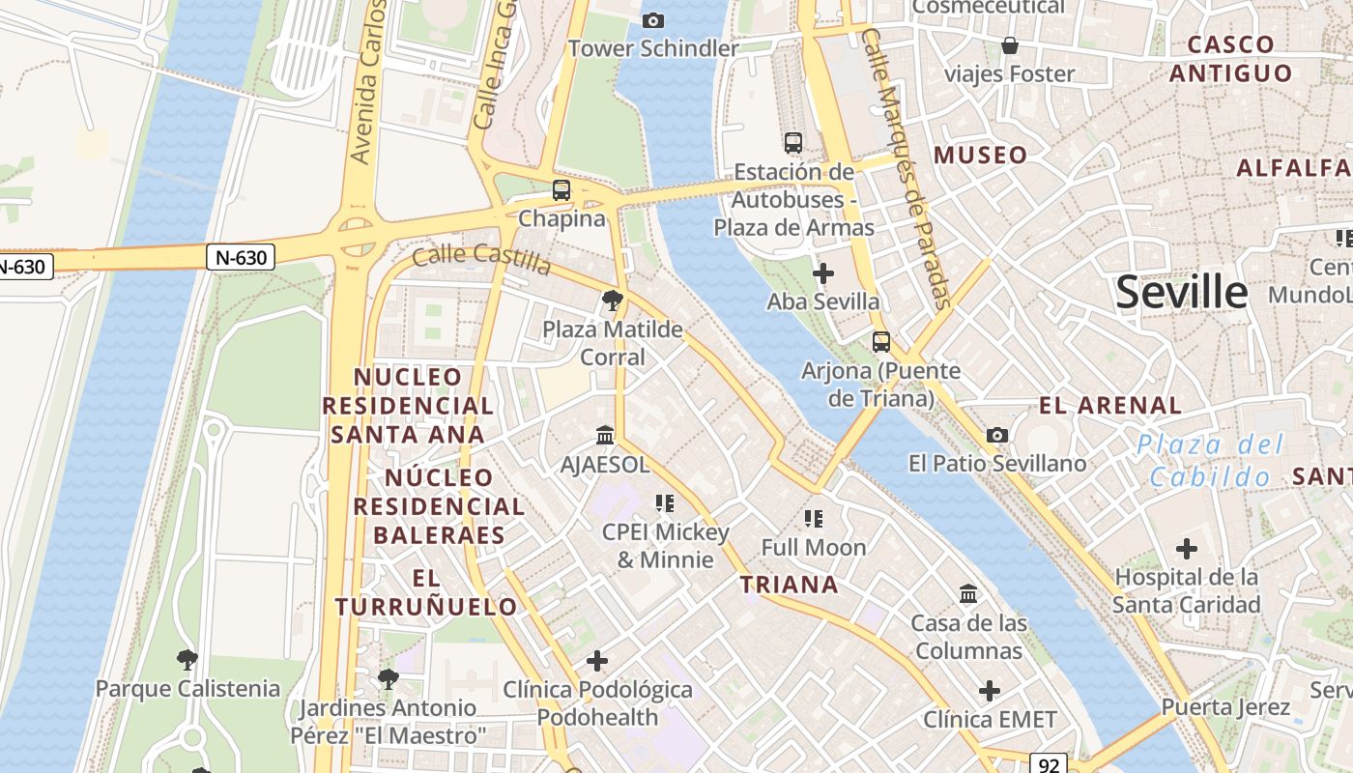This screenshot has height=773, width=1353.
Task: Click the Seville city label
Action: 1181,292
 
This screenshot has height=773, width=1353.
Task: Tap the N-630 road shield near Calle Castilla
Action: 241,257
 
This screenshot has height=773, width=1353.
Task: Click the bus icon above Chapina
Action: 561,190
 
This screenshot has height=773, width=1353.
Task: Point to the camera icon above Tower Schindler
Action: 653,20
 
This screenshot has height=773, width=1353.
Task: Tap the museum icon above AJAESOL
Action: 605,436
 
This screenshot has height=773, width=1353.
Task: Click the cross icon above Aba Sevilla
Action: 823,273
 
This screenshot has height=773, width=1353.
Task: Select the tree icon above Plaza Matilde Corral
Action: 612,301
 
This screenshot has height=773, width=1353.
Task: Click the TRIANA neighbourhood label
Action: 790,584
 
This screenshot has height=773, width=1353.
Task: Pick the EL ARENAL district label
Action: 1110,405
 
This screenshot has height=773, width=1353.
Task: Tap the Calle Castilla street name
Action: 481,259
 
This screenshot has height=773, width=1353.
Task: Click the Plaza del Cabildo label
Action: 1210,460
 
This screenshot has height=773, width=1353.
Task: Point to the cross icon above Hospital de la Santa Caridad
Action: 1187,549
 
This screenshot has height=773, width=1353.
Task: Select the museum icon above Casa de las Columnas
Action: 968,593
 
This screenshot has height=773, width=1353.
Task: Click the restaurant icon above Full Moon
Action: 814,519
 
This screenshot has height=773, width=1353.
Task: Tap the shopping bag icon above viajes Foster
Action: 1010,45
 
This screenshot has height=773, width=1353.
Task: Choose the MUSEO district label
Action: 980,155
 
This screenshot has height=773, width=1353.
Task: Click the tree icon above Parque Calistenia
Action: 187,660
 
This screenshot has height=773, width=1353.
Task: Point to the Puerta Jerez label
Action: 1225,707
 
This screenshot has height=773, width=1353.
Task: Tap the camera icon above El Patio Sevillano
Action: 997,436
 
